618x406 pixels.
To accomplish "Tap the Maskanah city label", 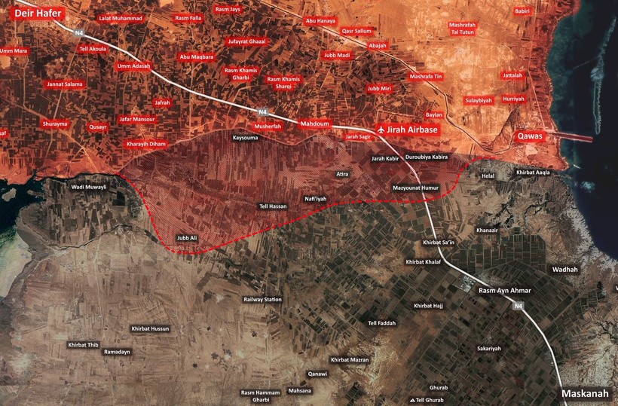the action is pos(584,394).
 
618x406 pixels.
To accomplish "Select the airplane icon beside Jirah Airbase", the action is pos(380,129).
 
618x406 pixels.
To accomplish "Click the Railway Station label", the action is pos(262,299).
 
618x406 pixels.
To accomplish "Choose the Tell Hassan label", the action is pos(273,206).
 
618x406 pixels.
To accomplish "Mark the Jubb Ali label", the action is pos(186,238).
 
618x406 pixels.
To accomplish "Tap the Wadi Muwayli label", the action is pos(89,186).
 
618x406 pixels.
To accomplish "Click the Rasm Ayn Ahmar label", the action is pos(505,291).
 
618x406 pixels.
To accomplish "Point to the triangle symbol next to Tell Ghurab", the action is pos(411,400).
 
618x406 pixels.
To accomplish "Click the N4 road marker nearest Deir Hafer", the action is pos(79,32).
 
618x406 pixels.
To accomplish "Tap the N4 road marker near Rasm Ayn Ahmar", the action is pos(518,306).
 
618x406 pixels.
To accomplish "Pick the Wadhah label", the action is pos(565,269).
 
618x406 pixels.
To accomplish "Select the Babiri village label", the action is pos(523,11).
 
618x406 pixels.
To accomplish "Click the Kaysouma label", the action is pos(245,138).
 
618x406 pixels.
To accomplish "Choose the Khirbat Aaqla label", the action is pos(533,172).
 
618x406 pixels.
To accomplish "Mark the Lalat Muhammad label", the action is pos(121,17).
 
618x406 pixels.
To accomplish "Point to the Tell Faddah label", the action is pos(381,323).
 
